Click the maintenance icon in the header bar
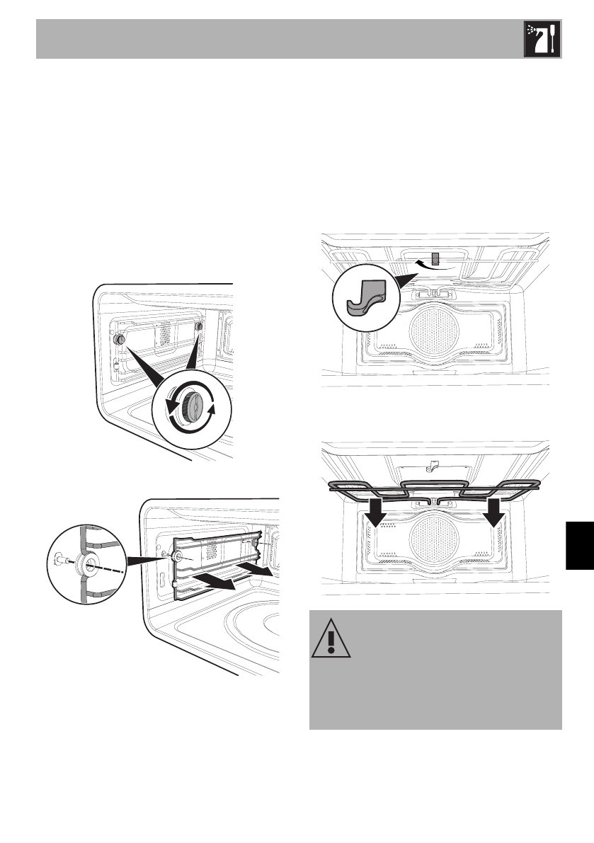click(542, 39)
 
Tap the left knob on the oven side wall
click(120, 340)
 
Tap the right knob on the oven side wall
click(198, 328)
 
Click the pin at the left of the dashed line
click(61, 559)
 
